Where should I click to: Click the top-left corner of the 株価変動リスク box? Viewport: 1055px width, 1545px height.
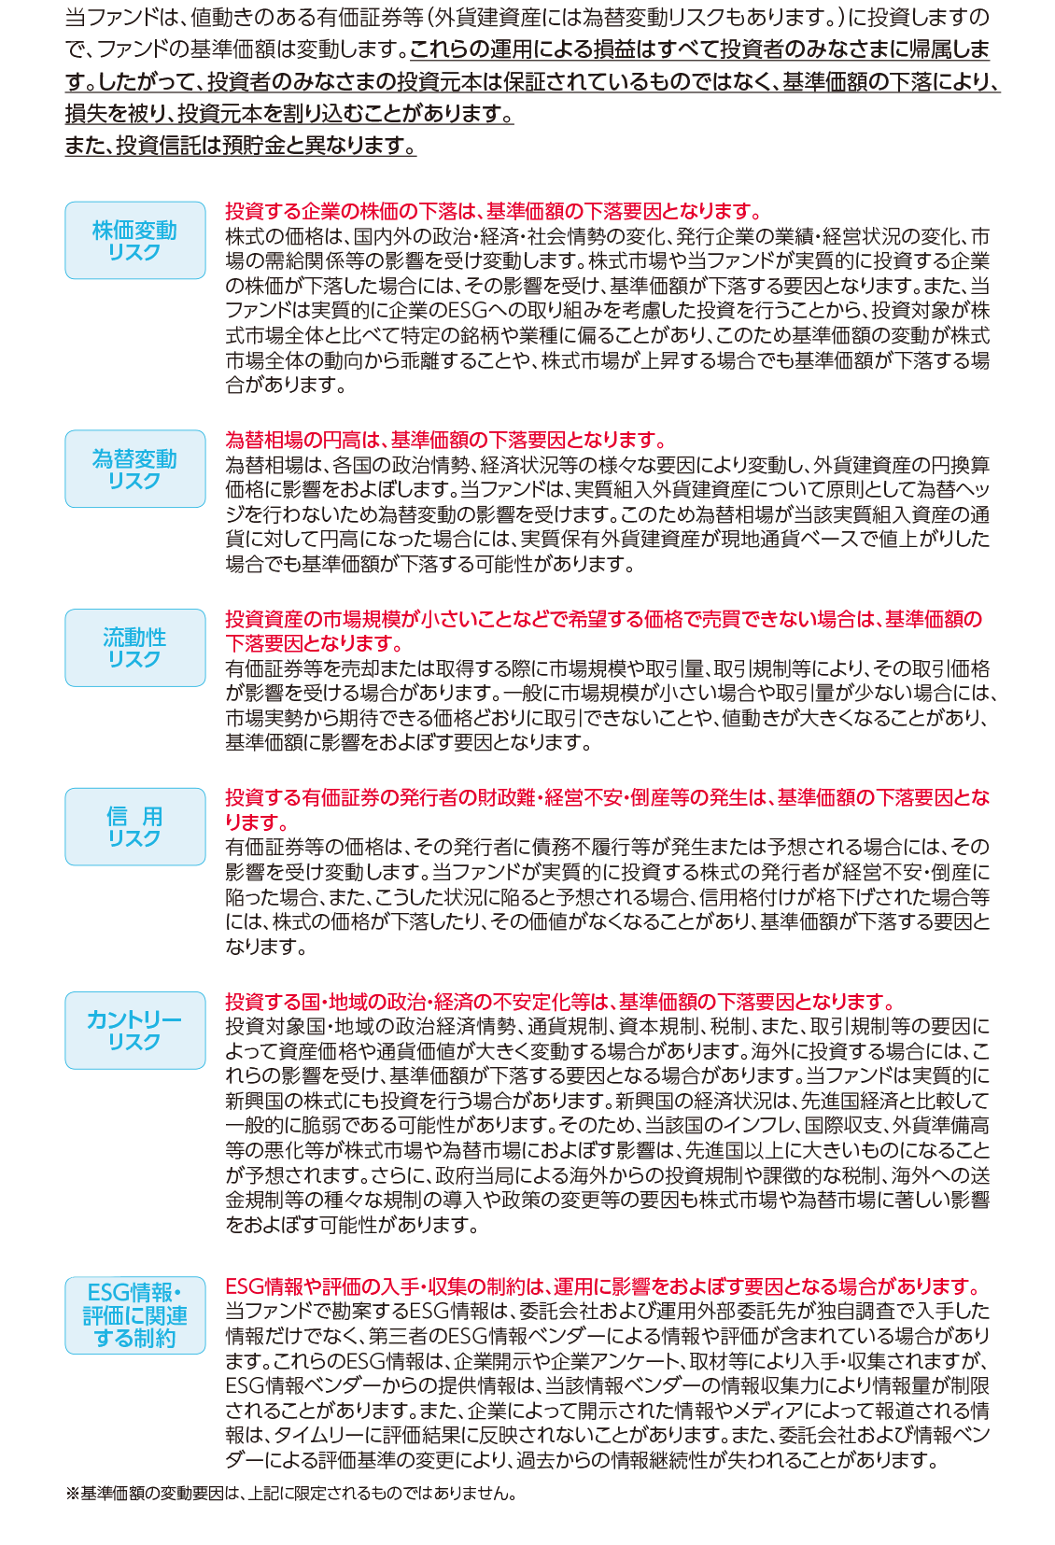66,202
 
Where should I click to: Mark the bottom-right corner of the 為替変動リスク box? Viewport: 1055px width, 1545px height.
204,507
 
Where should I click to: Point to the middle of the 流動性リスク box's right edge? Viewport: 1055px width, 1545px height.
205,648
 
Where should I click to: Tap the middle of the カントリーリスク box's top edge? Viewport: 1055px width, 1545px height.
135,991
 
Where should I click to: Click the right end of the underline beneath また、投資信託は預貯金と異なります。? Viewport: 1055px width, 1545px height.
416,156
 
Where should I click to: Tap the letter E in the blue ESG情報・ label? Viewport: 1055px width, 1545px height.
92,1293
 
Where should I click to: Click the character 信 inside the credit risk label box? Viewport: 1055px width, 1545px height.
117,816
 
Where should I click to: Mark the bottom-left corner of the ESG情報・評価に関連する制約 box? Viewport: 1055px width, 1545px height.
66,1354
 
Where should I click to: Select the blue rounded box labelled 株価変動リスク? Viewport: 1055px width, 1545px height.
135,240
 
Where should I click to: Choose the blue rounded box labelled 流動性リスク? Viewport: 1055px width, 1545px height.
135,648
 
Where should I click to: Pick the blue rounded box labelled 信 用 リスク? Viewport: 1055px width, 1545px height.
135,827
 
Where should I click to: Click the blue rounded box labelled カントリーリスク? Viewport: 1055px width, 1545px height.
135,1031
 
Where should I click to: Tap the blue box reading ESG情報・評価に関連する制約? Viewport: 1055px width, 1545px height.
135,1315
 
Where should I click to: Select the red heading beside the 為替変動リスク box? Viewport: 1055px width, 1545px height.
446,440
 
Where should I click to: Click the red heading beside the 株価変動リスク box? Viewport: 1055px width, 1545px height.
494,210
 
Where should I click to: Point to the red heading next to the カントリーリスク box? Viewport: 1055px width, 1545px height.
560,1002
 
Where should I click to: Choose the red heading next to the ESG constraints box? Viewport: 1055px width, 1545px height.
604,1286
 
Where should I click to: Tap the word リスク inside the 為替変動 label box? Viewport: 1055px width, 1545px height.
134,481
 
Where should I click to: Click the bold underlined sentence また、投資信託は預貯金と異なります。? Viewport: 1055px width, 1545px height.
240,145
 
